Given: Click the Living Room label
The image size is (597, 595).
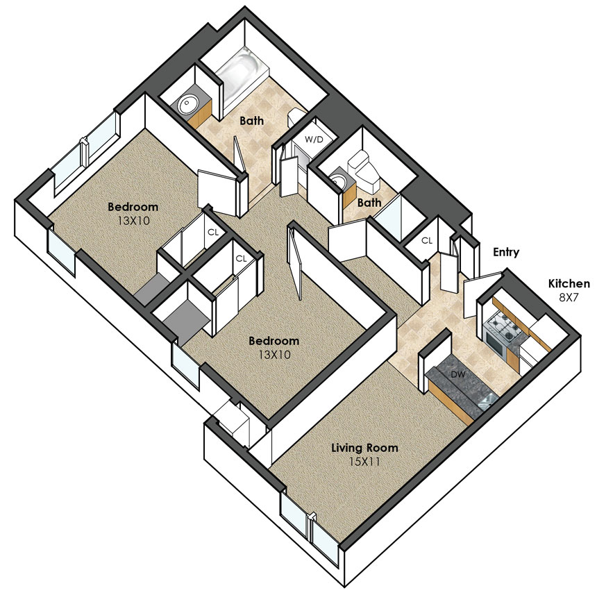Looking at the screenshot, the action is [x=364, y=448].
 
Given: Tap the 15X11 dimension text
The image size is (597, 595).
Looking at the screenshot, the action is [x=364, y=462].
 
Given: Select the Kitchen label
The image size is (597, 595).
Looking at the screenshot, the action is [x=569, y=283].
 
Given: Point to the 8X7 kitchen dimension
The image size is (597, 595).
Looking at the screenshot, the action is [x=569, y=298].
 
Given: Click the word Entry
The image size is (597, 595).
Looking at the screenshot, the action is [x=506, y=253].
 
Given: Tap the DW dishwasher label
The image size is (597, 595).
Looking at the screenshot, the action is [x=458, y=375].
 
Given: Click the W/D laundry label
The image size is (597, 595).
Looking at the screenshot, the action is [x=314, y=140].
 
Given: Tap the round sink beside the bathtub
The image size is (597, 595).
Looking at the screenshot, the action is [x=187, y=103].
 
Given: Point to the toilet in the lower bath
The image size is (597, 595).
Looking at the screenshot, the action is [x=364, y=171].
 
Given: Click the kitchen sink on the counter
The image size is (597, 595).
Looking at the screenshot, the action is [x=488, y=400].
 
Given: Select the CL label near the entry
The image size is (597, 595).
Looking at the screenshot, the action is [x=427, y=241].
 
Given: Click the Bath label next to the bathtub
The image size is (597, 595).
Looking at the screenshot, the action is [x=252, y=121].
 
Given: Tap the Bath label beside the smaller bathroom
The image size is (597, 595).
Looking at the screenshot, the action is [x=369, y=203].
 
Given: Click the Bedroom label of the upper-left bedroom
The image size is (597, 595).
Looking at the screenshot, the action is [x=133, y=207].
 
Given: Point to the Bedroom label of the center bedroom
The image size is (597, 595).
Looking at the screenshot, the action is [x=274, y=341].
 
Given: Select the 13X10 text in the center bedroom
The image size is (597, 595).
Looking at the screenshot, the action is [x=274, y=355].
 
